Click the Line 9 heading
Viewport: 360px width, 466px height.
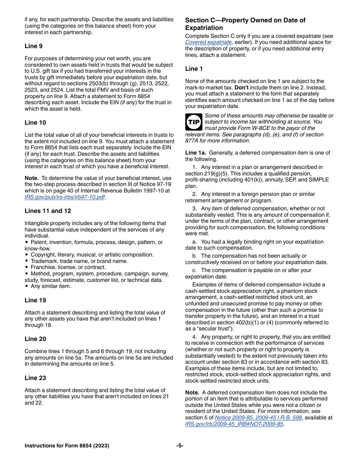point(33,46)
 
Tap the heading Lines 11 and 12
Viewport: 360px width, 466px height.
point(48,211)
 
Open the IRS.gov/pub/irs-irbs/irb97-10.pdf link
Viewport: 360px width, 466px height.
point(65,197)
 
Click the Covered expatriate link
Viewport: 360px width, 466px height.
point(208,42)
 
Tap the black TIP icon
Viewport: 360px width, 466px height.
point(194,122)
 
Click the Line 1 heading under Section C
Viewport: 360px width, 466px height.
point(194,69)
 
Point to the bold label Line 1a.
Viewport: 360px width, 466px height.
point(196,153)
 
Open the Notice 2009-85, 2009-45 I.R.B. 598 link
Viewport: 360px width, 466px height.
point(258,418)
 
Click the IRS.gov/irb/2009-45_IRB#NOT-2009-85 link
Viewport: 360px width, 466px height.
point(234,424)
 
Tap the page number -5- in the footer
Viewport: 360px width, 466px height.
point(180,446)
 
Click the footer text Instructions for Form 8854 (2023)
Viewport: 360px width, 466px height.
point(67,446)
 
